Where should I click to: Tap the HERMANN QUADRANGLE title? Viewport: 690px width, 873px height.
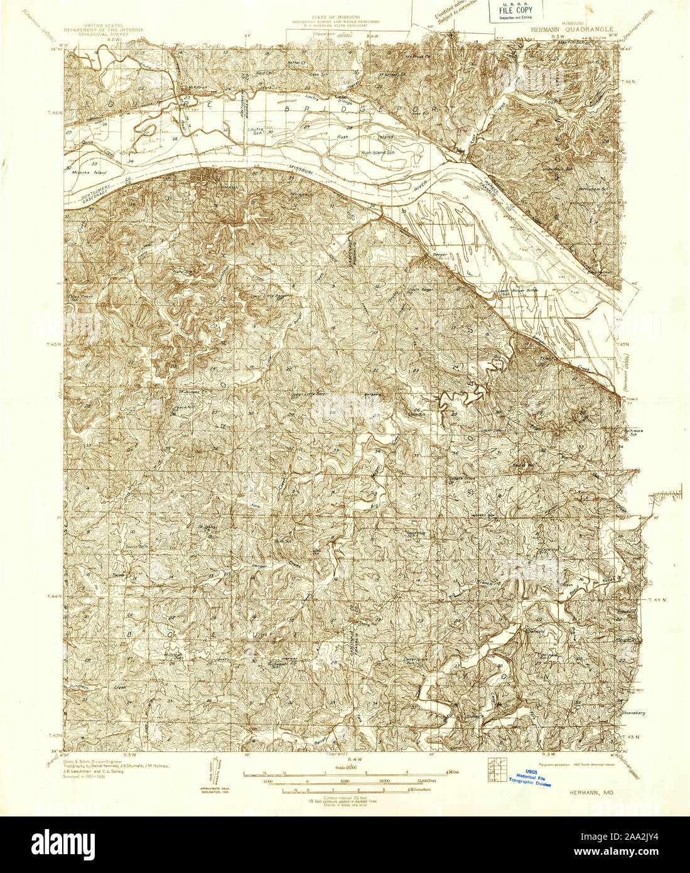point(567,28)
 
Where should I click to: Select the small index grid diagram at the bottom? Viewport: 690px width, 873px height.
point(495,763)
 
